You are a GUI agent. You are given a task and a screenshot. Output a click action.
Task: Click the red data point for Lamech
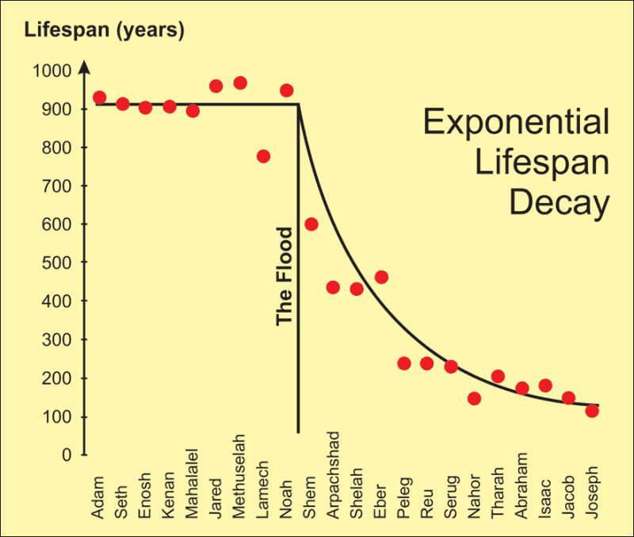(x=263, y=156)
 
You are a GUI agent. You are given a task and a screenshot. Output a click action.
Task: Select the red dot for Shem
(x=311, y=224)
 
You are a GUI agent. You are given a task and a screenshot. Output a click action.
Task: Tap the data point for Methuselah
(x=240, y=83)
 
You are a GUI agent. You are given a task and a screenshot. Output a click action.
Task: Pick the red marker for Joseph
(x=592, y=411)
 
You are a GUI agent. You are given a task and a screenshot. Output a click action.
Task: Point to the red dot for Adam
(x=99, y=98)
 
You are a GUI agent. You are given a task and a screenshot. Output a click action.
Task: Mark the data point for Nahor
(x=474, y=398)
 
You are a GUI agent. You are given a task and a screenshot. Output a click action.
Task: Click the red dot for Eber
(x=381, y=277)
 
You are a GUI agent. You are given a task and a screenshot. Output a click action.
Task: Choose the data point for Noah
(x=287, y=90)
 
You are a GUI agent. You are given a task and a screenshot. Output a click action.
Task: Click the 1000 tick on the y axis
(x=52, y=71)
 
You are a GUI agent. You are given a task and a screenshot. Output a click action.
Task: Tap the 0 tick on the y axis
(x=68, y=456)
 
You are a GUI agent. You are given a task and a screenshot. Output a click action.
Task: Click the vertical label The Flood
(x=284, y=277)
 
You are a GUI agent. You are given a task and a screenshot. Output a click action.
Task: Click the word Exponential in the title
(x=516, y=123)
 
